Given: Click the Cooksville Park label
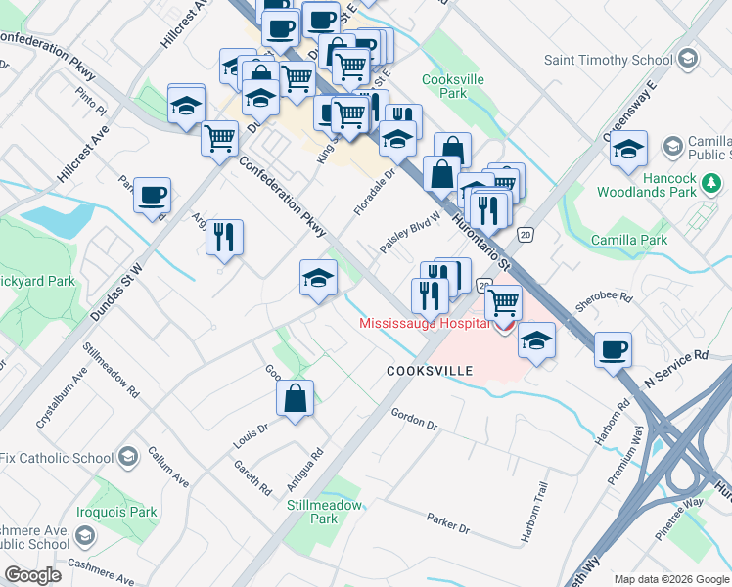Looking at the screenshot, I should [446, 86].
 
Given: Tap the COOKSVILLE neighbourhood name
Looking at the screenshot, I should [430, 371].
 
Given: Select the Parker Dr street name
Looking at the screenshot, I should [448, 523].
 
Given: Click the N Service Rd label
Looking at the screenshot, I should [675, 370].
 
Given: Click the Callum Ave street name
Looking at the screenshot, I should [167, 468].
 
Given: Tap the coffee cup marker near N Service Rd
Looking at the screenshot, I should [613, 349].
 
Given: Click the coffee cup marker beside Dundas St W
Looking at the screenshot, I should [152, 195].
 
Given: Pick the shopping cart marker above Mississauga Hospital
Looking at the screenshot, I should [503, 301].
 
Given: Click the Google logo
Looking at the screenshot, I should [33, 574].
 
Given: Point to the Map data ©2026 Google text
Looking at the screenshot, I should [670, 579].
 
